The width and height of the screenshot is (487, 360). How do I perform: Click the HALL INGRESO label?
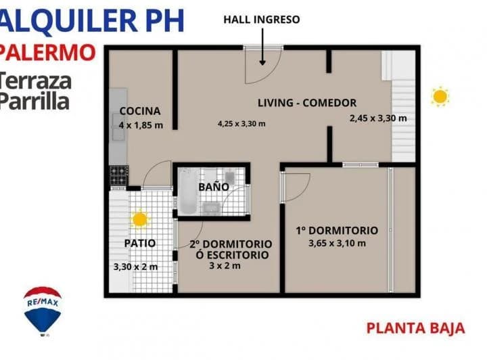click(x=261, y=20)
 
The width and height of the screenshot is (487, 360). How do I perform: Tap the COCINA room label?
click(x=140, y=111)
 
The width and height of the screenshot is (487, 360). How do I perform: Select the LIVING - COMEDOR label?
click(x=306, y=103)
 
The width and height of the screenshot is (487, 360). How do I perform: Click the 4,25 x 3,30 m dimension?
click(x=241, y=124)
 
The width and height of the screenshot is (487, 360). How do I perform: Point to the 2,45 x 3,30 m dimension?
click(x=378, y=118)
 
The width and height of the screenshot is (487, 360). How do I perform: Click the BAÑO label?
click(x=213, y=187)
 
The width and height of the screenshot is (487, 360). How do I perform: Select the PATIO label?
click(x=140, y=243)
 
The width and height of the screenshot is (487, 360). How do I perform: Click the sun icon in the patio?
click(x=140, y=219)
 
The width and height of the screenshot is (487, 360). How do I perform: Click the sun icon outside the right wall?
click(x=440, y=96)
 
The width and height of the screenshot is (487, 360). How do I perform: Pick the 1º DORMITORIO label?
click(x=337, y=231)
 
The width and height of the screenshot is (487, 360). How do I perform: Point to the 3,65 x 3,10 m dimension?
click(x=337, y=244)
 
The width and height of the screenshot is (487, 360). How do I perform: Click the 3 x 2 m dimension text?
click(x=225, y=266)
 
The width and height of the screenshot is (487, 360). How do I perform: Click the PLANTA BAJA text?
click(x=415, y=328)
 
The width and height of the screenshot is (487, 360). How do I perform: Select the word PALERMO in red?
click(x=47, y=52)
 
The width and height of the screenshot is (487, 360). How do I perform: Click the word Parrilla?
click(x=34, y=102)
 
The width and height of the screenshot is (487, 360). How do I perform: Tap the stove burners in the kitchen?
click(x=119, y=176)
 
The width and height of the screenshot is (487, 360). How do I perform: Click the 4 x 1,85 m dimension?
click(x=141, y=125)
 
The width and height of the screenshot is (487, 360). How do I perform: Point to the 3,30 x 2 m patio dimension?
click(x=135, y=267)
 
